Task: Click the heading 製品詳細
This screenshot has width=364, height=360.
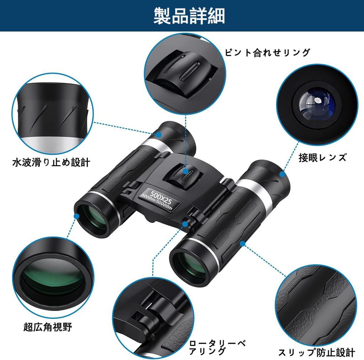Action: coord(189,16)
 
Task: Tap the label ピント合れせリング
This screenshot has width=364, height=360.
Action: coord(268,53)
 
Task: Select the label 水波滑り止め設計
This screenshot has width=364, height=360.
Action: coord(51,163)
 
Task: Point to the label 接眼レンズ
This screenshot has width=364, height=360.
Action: coord(322,157)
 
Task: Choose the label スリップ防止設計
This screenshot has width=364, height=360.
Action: coord(316,352)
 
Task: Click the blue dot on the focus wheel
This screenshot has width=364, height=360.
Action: coord(186,171)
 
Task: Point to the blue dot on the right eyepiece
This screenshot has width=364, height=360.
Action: coord(283,174)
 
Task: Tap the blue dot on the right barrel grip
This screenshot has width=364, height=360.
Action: coord(242,243)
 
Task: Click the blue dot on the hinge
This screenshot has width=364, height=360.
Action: coord(185,223)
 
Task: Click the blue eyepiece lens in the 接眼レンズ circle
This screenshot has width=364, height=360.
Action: coord(316,104)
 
